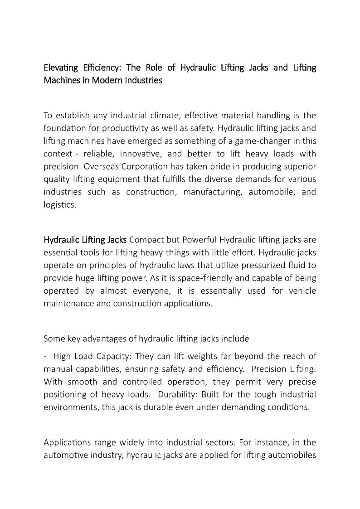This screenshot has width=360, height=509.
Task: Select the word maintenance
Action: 68,303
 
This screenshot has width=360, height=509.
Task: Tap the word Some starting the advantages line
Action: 54,338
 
